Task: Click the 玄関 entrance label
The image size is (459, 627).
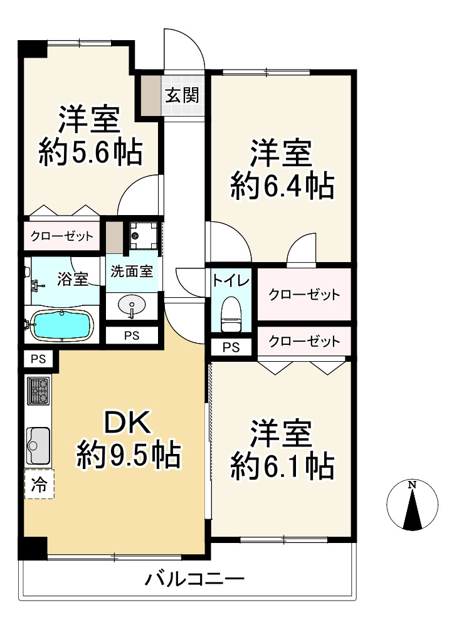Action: (x=182, y=95)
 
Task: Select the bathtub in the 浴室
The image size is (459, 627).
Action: (x=62, y=325)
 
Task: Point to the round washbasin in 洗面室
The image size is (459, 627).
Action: (x=132, y=307)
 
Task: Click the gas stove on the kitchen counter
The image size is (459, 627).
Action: (x=39, y=392)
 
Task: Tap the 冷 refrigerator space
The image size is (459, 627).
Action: (x=39, y=484)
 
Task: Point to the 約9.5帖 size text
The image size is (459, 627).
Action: (x=129, y=455)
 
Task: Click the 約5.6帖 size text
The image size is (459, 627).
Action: (x=90, y=152)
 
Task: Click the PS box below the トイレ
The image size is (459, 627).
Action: (x=231, y=347)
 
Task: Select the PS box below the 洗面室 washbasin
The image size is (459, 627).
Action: (x=131, y=335)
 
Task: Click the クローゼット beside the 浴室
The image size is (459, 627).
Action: (x=63, y=237)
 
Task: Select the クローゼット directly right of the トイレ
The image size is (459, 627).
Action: (x=304, y=294)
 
